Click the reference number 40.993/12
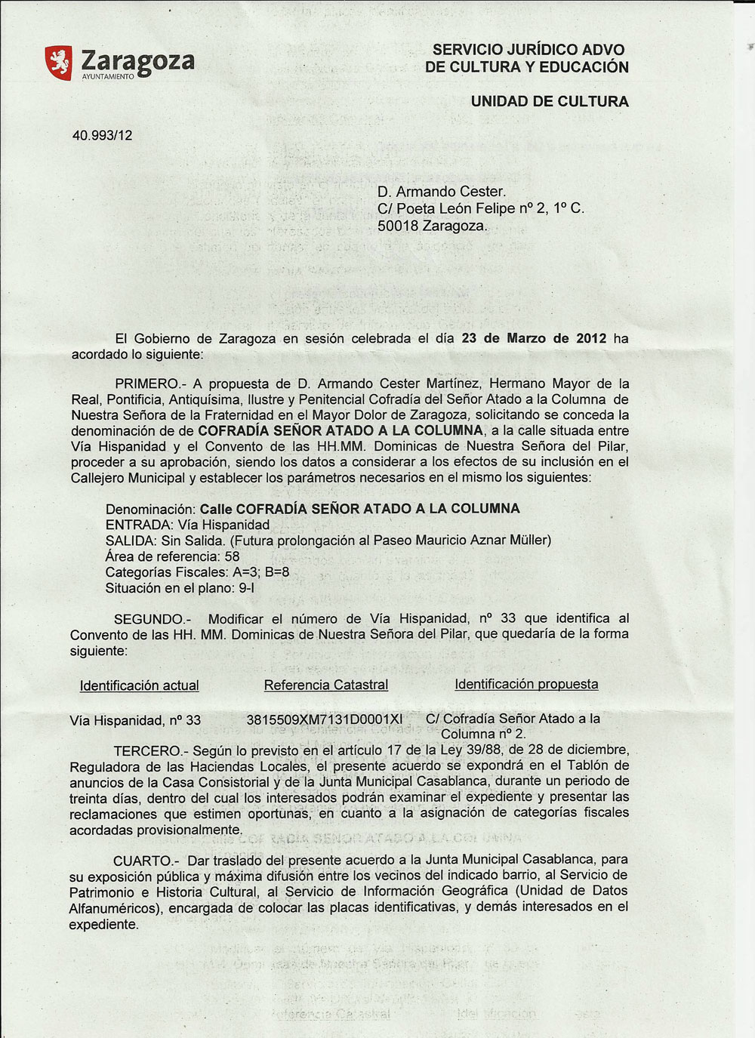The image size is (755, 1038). click(x=102, y=136)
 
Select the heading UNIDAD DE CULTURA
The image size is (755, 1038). click(x=549, y=101)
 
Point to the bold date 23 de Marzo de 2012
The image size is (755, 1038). click(x=534, y=338)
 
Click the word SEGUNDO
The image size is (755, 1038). click(x=148, y=619)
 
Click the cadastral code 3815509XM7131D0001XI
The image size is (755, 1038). click(x=325, y=719)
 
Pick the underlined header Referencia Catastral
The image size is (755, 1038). click(x=326, y=685)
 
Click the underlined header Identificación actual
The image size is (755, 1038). click(x=140, y=685)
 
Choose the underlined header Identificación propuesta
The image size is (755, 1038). click(x=526, y=684)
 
